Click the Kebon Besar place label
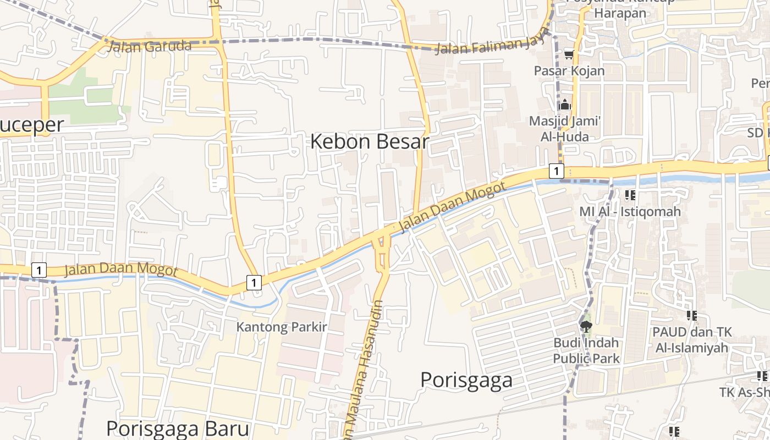(369, 142)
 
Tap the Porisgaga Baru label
(178, 428)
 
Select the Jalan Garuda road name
(150, 46)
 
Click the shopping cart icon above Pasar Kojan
(569, 54)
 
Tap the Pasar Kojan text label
(569, 70)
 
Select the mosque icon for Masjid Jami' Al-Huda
(565, 105)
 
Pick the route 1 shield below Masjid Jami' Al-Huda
(556, 171)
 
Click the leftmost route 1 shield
(38, 270)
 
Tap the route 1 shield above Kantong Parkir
(253, 283)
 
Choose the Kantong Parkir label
(282, 327)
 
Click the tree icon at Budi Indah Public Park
(586, 327)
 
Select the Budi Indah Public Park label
(586, 350)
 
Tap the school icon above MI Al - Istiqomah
(630, 195)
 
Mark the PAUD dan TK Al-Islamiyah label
(691, 340)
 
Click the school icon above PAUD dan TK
(691, 316)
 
